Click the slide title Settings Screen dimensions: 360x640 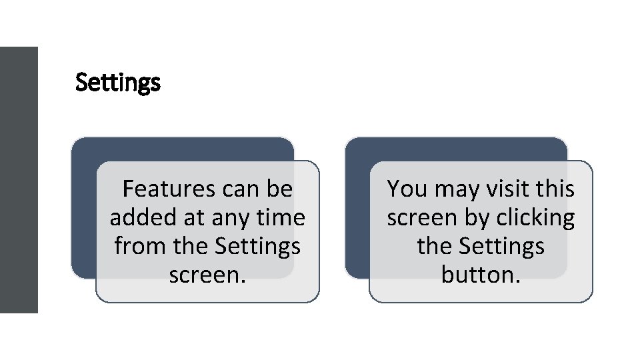click(118, 83)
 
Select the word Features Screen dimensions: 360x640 click(169, 189)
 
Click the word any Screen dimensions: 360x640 click(231, 218)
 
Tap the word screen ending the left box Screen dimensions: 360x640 click(207, 274)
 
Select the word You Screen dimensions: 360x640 click(408, 189)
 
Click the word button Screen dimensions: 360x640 click(480, 274)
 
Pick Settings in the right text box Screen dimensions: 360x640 click(502, 247)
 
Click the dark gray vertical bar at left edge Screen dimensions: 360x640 click(19, 180)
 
